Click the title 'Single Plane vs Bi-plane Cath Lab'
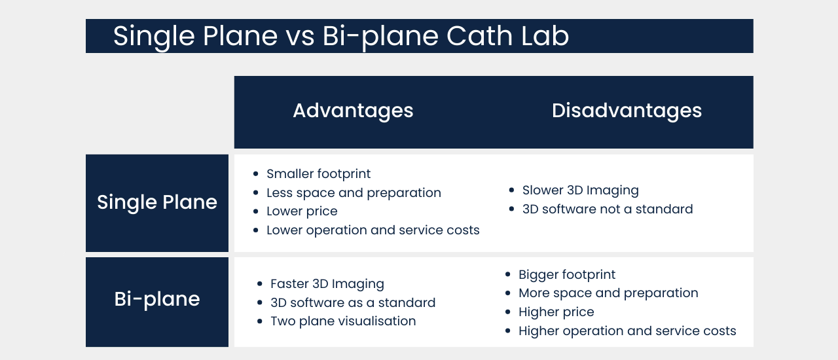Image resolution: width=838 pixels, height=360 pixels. [341, 36]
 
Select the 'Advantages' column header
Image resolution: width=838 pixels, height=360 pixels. [353, 111]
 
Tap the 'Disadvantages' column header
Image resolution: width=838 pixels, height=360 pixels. [627, 111]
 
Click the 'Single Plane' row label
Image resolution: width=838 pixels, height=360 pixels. [157, 202]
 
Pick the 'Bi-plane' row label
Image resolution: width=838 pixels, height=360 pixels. [157, 299]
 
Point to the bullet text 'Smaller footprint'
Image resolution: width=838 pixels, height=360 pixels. [318, 174]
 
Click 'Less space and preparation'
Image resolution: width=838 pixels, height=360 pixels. [354, 192]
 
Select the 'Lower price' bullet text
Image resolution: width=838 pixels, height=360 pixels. [302, 211]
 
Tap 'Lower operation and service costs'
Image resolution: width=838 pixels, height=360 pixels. [373, 230]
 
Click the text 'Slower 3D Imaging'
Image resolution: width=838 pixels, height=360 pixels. [581, 190]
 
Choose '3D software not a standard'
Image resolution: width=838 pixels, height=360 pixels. [608, 209]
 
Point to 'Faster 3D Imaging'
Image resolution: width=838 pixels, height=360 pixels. [327, 283]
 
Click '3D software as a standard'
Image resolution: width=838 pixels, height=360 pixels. [353, 302]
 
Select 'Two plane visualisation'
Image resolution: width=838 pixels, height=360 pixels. [343, 321]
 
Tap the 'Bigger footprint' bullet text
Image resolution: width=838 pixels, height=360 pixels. [567, 275]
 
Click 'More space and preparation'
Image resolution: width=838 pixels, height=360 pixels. [608, 293]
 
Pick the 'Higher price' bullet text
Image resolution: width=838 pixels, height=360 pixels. [556, 312]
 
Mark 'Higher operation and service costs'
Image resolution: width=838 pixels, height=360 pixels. [627, 331]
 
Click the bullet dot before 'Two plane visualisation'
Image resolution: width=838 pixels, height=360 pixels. [260, 321]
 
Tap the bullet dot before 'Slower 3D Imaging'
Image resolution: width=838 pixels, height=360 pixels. [512, 190]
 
